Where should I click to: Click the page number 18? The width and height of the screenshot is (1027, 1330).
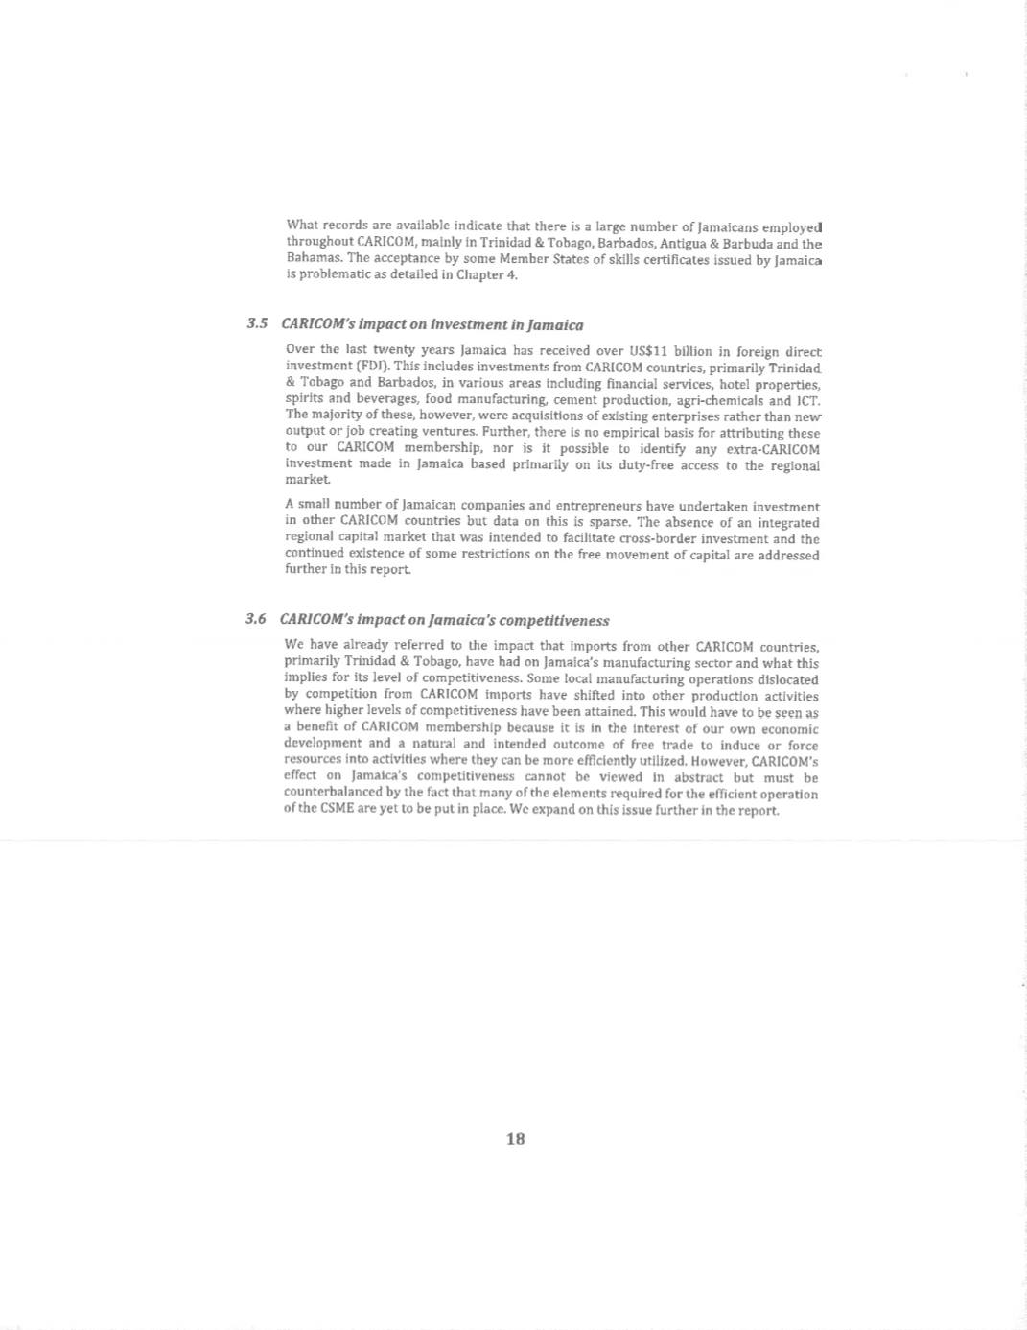(x=515, y=1139)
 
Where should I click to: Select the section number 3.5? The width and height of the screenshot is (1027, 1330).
(x=256, y=324)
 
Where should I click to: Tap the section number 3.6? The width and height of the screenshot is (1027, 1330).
(x=255, y=619)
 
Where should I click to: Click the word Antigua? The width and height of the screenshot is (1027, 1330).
(x=681, y=244)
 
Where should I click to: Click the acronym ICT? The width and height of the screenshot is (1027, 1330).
(x=807, y=400)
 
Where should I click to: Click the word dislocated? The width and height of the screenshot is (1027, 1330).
(x=785, y=678)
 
